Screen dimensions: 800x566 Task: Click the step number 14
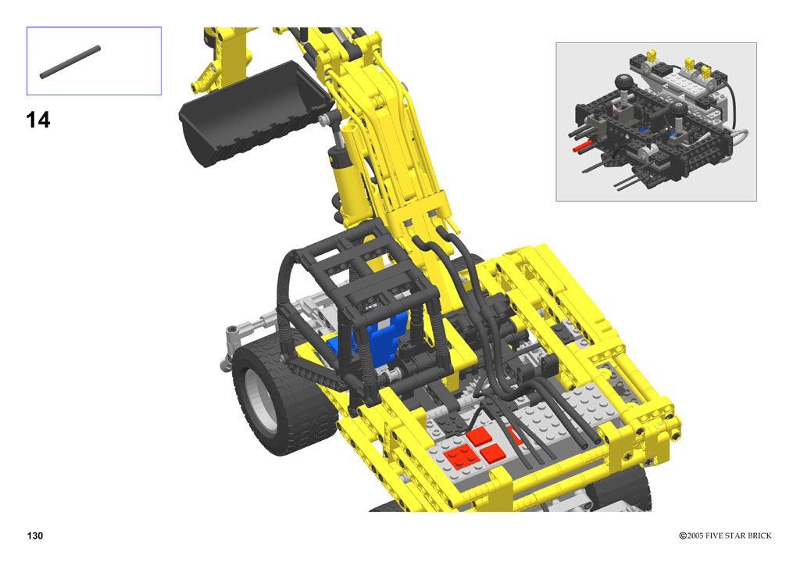pos(37,120)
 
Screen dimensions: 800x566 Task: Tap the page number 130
pos(35,536)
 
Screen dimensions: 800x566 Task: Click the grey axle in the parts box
pos(70,63)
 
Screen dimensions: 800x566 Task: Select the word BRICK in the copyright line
pos(758,536)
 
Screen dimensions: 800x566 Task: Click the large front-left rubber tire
pos(283,398)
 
